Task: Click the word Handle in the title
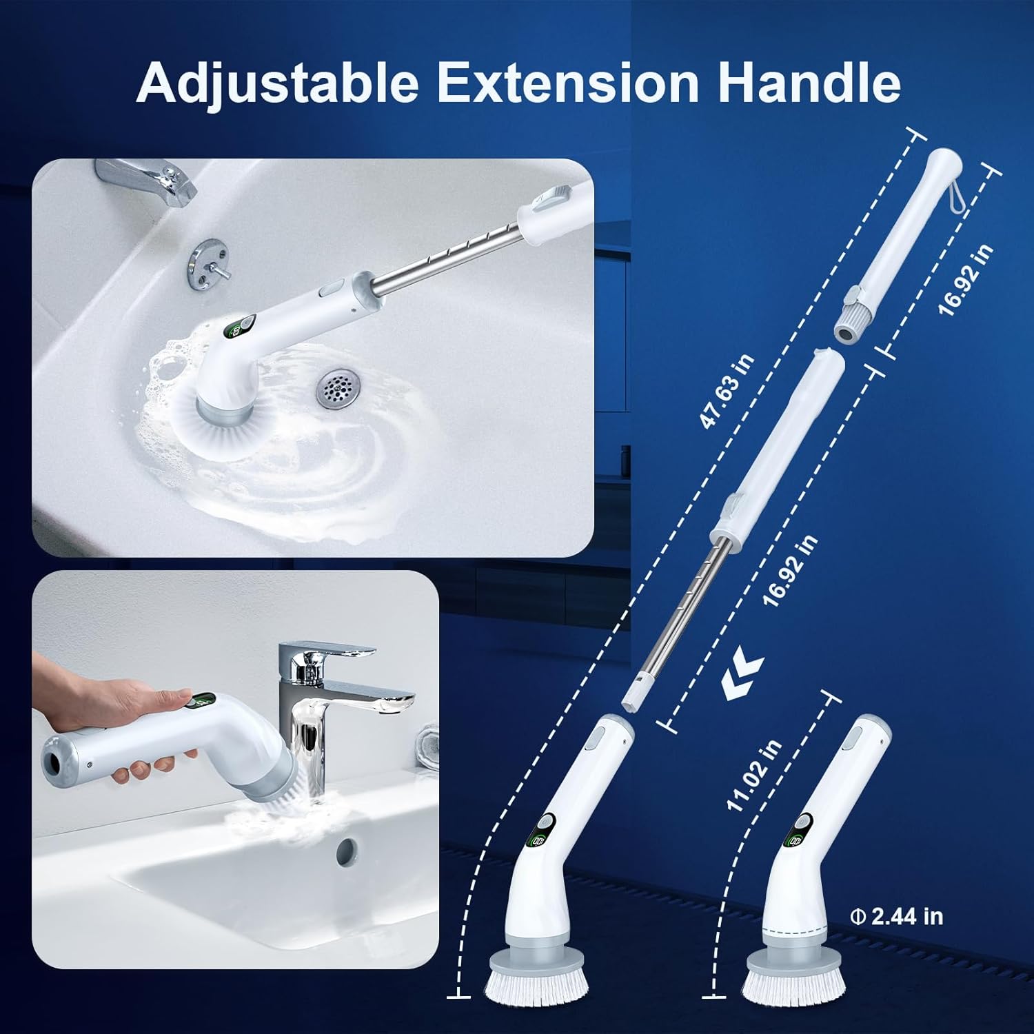(809, 83)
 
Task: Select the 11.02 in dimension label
(754, 775)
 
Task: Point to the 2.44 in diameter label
(897, 917)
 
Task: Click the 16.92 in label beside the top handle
(966, 279)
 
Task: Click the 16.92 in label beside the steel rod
(790, 571)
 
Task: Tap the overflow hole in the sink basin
(347, 852)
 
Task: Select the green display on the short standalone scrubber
(796, 840)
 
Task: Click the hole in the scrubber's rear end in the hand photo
(52, 761)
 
